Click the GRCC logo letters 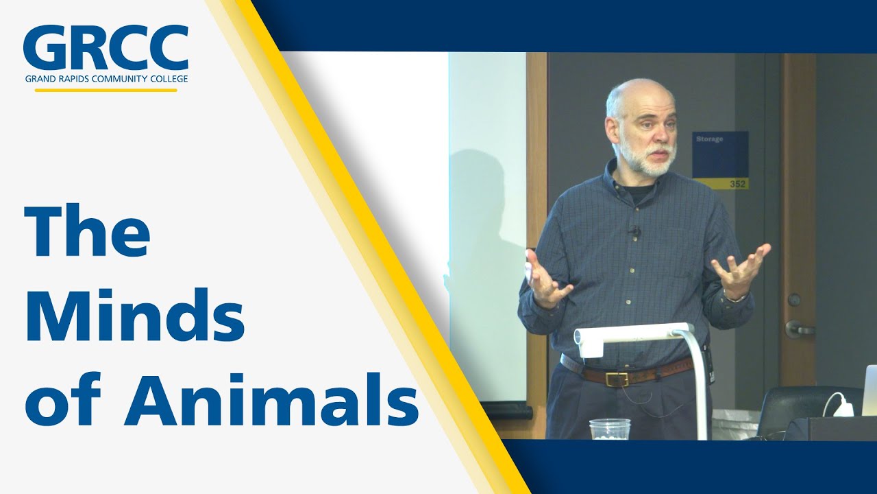(x=106, y=48)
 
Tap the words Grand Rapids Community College (x=106, y=78)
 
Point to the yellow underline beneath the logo (x=106, y=90)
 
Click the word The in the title (x=87, y=231)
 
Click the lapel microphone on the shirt (x=635, y=232)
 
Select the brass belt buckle (x=617, y=378)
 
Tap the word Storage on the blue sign (x=710, y=139)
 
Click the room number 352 (x=737, y=184)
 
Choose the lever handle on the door (x=798, y=329)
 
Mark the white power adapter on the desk (x=843, y=408)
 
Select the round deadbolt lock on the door (x=793, y=300)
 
